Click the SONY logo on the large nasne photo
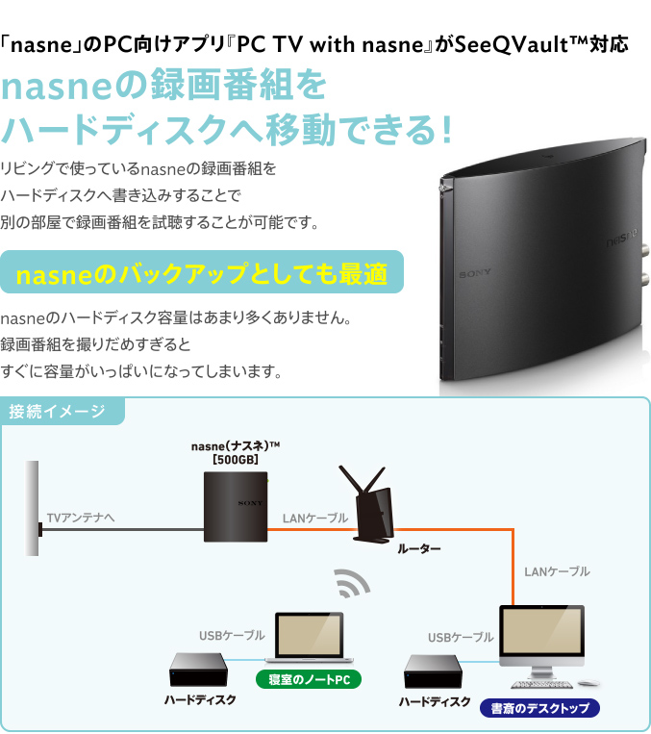474,273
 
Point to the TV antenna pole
33,507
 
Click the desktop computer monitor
541,636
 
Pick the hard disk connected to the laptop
198,670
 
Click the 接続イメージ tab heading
58,413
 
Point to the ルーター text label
418,548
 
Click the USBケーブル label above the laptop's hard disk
232,636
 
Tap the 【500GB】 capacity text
235,460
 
